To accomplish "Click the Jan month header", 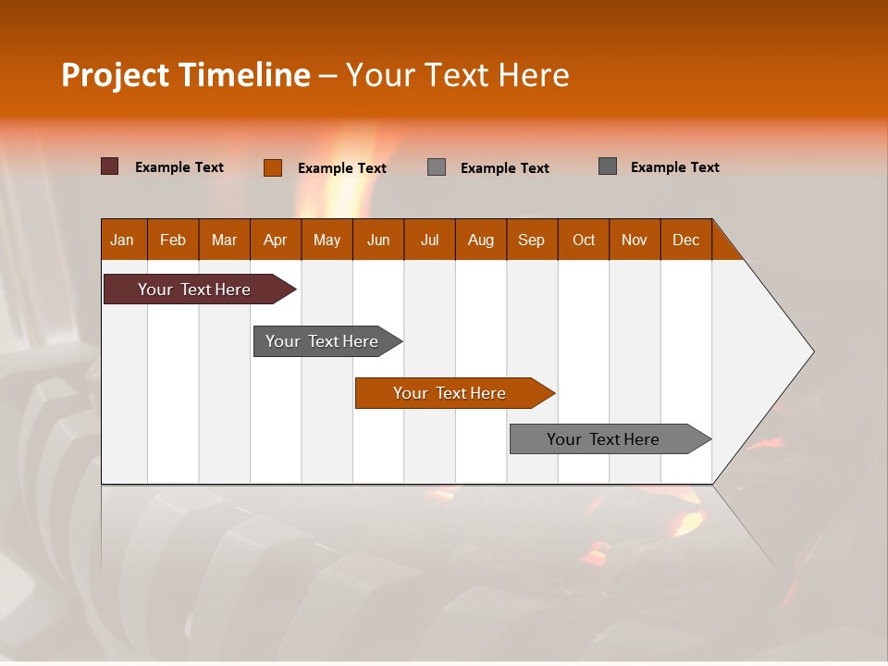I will tap(122, 240).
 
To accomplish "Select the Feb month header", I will tap(173, 240).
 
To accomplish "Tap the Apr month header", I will tap(275, 240).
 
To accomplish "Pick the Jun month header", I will tap(377, 240).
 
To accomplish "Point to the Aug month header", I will tap(480, 240).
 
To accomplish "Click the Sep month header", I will tap(531, 240).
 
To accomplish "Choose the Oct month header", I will tap(584, 240).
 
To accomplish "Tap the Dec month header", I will tap(685, 240).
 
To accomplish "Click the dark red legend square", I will tap(110, 166).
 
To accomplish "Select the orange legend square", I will tap(273, 167).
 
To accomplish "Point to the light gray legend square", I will tap(437, 167).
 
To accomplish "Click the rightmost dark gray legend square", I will tap(608, 166).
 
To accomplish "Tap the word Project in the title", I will tap(115, 75).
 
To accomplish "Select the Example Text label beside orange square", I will tap(342, 168).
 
